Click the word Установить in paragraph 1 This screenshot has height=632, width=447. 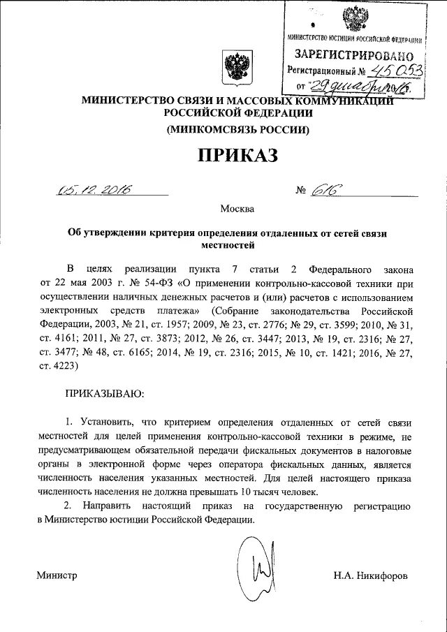pyautogui.click(x=108, y=425)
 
